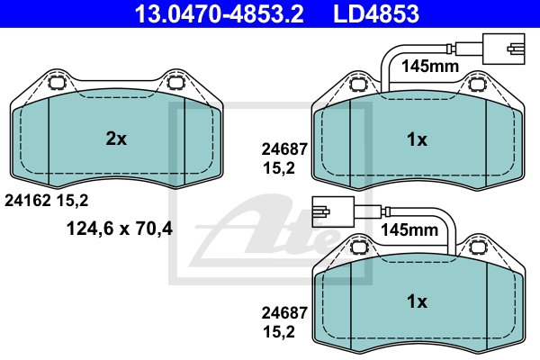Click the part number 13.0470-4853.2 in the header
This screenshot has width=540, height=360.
(x=219, y=13)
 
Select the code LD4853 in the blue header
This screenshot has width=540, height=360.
(x=376, y=13)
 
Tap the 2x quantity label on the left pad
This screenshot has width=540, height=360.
(x=116, y=139)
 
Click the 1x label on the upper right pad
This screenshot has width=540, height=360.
(x=417, y=139)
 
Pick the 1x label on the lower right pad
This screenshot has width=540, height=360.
(x=417, y=301)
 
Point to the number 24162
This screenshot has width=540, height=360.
(x=28, y=200)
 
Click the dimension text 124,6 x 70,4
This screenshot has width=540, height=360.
(x=119, y=228)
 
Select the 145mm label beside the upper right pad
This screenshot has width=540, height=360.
(x=430, y=66)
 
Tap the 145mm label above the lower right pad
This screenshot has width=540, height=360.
(x=409, y=229)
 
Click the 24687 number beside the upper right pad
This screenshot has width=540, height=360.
(x=284, y=149)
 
